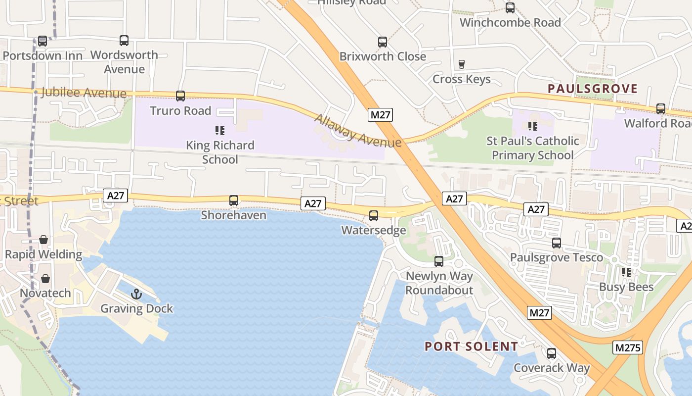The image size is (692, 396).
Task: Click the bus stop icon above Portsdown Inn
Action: (43, 41)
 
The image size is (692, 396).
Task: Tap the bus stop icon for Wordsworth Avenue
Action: (124, 41)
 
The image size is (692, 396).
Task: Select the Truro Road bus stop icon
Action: (180, 96)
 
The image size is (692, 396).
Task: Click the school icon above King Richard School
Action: (220, 131)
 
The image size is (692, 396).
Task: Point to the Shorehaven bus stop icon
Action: (234, 200)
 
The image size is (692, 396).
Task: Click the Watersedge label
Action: (374, 230)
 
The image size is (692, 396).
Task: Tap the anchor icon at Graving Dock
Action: (136, 295)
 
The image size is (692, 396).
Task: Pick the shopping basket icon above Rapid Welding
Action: (43, 240)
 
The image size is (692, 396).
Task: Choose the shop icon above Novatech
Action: (45, 279)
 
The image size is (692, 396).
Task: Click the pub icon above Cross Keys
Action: (462, 64)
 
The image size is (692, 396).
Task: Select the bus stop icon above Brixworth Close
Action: (383, 42)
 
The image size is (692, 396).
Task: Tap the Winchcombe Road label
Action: (510, 23)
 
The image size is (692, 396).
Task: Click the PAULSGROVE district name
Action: (593, 89)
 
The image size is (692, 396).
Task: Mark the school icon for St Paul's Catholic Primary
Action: (532, 126)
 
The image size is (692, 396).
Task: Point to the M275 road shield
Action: (628, 347)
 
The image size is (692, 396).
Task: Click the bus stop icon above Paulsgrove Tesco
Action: (557, 243)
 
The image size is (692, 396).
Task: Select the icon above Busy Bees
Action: (626, 272)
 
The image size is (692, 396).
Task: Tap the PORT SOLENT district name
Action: (471, 346)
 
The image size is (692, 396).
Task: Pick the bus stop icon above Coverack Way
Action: (552, 353)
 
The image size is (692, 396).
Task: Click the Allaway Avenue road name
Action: (357, 131)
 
